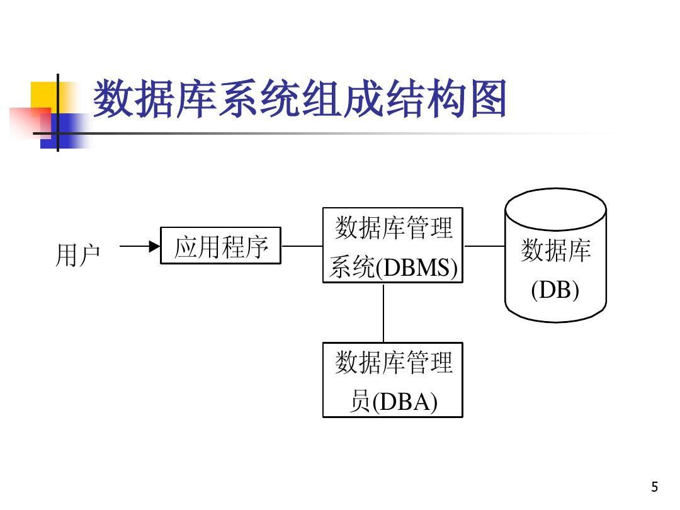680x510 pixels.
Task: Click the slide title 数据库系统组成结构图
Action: coord(300,99)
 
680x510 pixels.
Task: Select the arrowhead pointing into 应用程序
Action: coord(154,247)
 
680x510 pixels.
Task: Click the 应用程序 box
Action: coord(220,246)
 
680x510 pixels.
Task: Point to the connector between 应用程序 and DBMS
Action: coord(302,246)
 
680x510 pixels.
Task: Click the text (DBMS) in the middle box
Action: coord(416,268)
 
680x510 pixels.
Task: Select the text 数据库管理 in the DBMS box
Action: coord(393,227)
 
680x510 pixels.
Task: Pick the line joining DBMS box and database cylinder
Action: coord(484,246)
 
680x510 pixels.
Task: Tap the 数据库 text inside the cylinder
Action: coord(555,251)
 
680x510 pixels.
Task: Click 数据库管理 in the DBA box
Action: coord(393,363)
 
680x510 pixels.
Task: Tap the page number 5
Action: coord(655,487)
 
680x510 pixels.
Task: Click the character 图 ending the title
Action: coord(487,99)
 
